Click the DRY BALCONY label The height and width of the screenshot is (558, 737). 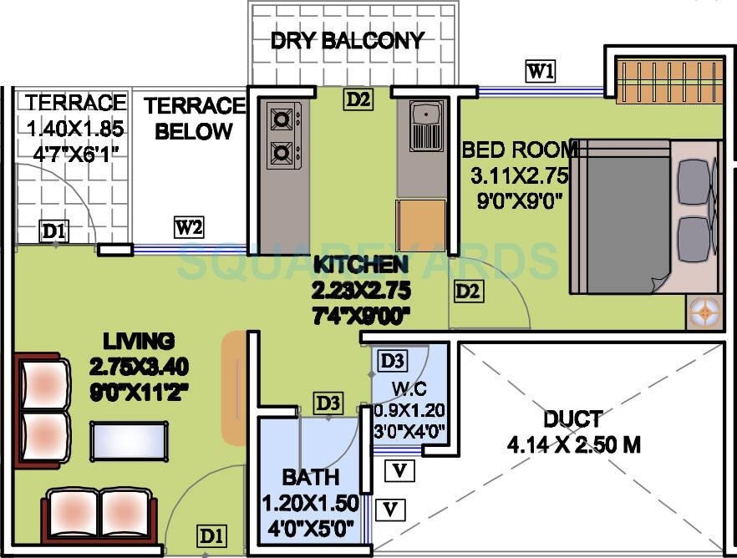point(347,40)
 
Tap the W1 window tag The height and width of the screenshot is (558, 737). point(540,71)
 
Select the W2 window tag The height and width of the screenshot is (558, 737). point(189,227)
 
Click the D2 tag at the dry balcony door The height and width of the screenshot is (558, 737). point(358,100)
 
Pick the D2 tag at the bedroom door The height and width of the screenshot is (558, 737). point(468,291)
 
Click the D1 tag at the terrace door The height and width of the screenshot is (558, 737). point(54,231)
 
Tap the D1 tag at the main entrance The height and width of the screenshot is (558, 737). point(211,535)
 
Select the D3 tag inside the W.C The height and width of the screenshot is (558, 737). point(392,361)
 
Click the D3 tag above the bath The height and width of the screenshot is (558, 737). point(328,403)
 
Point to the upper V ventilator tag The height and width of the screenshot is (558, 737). point(400,471)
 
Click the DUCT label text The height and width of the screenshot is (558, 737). point(572,418)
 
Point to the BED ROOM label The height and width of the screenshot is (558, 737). point(520,150)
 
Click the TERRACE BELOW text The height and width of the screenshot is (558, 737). point(194,119)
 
